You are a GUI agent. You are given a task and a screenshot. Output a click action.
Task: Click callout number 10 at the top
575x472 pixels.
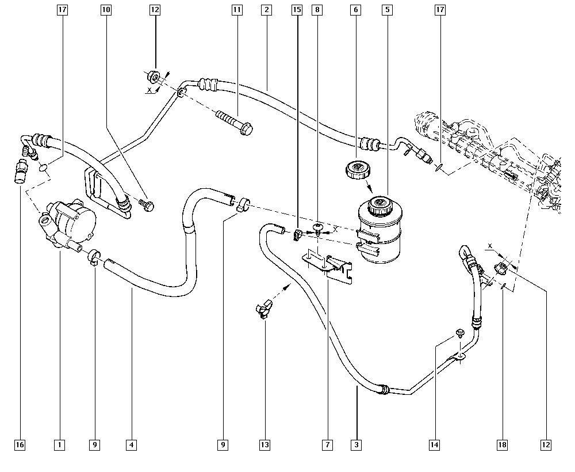click(x=106, y=10)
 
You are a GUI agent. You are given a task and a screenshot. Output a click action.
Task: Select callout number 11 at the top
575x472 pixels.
click(x=237, y=10)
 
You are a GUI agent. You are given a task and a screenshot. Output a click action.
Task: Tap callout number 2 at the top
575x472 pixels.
click(x=267, y=10)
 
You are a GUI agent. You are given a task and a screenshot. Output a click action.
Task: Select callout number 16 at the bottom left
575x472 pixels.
click(x=20, y=445)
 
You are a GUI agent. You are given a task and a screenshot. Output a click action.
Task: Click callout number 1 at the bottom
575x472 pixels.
click(x=59, y=445)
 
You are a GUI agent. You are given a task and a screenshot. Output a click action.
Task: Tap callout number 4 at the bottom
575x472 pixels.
click(x=131, y=445)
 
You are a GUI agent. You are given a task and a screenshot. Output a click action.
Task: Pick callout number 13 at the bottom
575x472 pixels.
click(x=264, y=445)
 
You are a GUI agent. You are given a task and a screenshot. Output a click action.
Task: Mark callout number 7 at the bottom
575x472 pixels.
click(x=327, y=445)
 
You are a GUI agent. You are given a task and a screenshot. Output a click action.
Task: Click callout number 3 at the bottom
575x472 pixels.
click(x=356, y=445)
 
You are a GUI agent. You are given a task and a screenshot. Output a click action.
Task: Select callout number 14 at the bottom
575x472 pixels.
click(x=434, y=445)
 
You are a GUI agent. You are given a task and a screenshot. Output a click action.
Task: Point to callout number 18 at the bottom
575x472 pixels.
click(x=502, y=445)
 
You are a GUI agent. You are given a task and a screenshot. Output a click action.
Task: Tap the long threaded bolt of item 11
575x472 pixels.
click(x=235, y=122)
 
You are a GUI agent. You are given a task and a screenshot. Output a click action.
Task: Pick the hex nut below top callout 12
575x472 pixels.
click(x=154, y=77)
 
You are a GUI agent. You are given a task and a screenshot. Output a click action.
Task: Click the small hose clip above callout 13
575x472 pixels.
click(x=264, y=308)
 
